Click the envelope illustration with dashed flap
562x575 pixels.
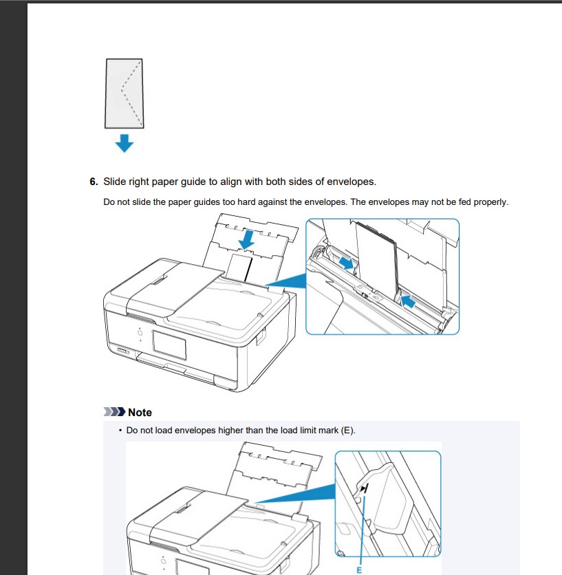tap(124, 93)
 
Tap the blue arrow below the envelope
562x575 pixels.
tap(124, 142)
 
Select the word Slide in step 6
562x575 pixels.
tap(115, 182)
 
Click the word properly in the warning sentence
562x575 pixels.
tap(490, 202)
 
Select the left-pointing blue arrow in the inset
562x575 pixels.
tap(407, 299)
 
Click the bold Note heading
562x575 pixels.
tap(140, 413)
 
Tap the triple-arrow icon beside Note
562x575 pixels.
tap(114, 413)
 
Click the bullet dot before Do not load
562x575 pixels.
tap(120, 431)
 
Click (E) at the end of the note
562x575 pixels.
tap(347, 431)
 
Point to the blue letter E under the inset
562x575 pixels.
tap(358, 569)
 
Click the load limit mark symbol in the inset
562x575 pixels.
tap(365, 488)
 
